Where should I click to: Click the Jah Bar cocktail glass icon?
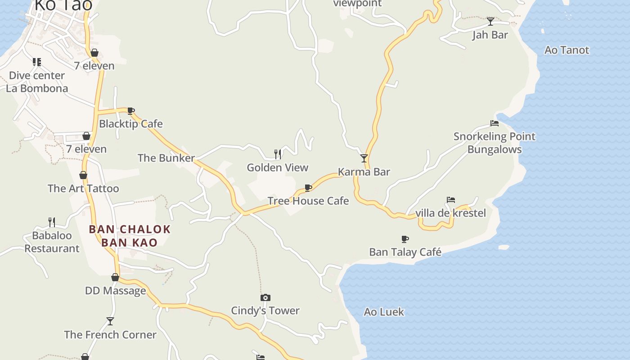pyautogui.click(x=490, y=21)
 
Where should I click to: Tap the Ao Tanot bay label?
pyautogui.click(x=567, y=50)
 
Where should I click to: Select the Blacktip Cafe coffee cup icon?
pyautogui.click(x=131, y=111)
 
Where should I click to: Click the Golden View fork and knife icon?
pyautogui.click(x=278, y=154)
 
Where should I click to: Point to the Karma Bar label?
pyautogui.click(x=364, y=172)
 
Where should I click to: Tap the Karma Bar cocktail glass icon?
pyautogui.click(x=364, y=158)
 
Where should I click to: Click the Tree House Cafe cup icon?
pyautogui.click(x=308, y=188)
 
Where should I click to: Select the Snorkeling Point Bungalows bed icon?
pyautogui.click(x=495, y=123)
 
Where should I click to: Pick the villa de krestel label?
pyautogui.click(x=450, y=213)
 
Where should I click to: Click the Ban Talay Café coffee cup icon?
pyautogui.click(x=405, y=239)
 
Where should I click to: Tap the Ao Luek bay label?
pyautogui.click(x=384, y=312)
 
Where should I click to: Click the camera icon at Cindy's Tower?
pyautogui.click(x=265, y=297)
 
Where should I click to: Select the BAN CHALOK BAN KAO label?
pyautogui.click(x=130, y=236)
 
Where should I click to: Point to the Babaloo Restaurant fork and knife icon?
pyautogui.click(x=52, y=222)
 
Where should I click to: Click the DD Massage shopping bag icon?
pyautogui.click(x=115, y=278)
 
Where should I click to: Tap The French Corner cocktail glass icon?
pyautogui.click(x=110, y=321)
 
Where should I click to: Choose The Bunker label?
pyautogui.click(x=166, y=158)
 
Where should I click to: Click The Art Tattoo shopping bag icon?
pyautogui.click(x=83, y=175)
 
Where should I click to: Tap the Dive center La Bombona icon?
pyautogui.click(x=37, y=62)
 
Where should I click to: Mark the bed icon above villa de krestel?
pyautogui.click(x=451, y=200)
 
